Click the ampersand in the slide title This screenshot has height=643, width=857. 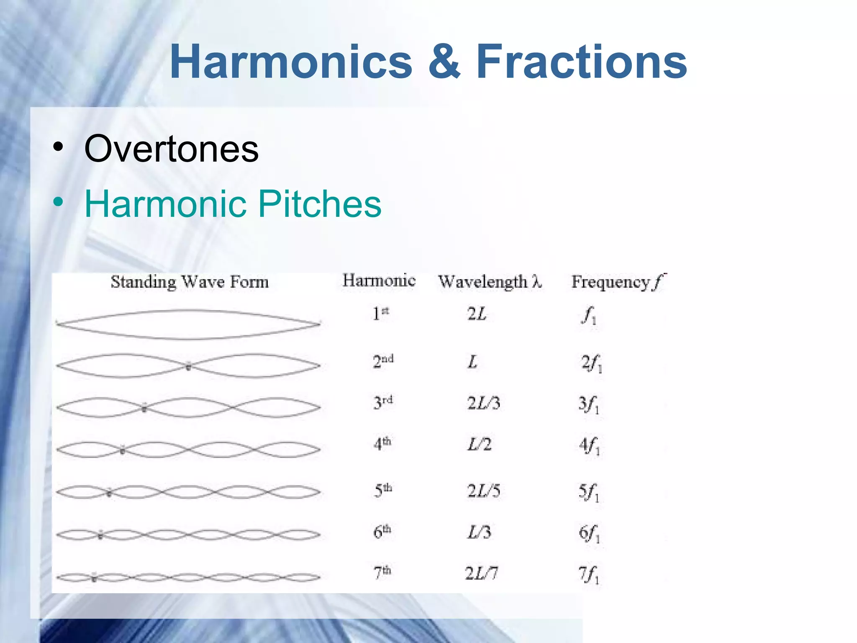[444, 62]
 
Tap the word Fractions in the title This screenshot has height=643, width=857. [581, 62]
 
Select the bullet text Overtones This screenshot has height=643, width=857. [171, 149]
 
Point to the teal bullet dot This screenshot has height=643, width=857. [58, 203]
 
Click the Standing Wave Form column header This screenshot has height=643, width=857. [190, 282]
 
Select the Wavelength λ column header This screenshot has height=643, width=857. [490, 282]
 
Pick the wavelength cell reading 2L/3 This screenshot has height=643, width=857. [483, 403]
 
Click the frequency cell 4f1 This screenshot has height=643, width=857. [589, 445]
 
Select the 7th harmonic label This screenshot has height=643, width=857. [382, 572]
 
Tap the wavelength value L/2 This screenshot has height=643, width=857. [479, 444]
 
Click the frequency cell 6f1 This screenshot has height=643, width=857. [589, 533]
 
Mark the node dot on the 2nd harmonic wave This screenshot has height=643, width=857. [188, 367]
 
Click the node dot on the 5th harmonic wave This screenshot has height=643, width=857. [109, 493]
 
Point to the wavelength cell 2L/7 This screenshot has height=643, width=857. [481, 573]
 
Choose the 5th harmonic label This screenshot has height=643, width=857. [382, 490]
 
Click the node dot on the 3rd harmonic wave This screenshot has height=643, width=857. [144, 408]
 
